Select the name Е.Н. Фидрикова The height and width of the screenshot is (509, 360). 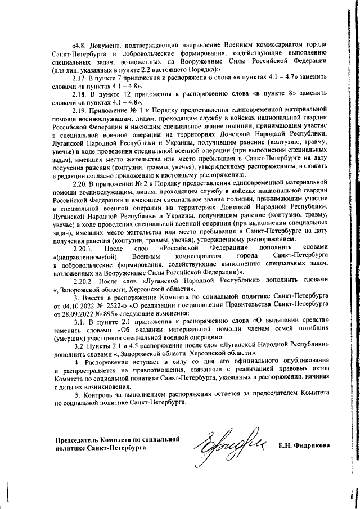(304, 446)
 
